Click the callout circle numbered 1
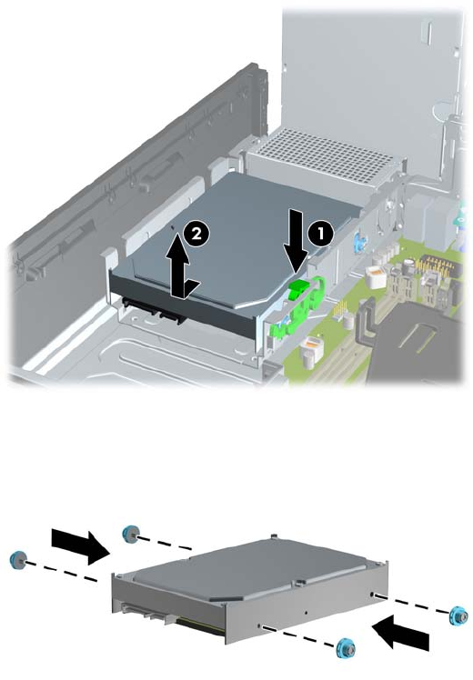321,235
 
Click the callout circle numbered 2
196,235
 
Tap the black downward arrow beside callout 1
297,241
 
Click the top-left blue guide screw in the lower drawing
130,533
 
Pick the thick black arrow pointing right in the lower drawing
81,545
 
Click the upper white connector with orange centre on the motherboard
377,275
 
